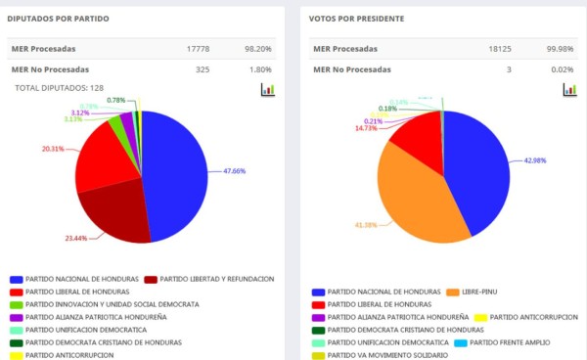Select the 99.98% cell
point(560,49)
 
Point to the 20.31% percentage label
point(54,149)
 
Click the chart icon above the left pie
point(268,89)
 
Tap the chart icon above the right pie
point(568,89)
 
